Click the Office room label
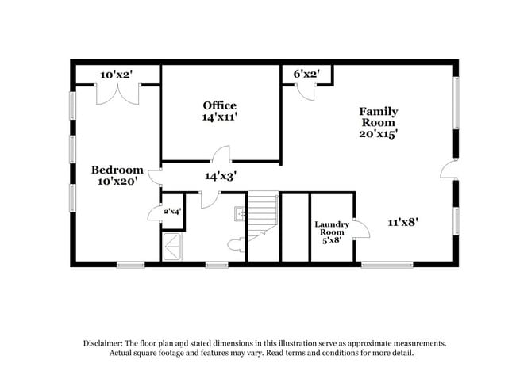pos(219,105)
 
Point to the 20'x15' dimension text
pos(379,134)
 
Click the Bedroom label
pos(117,170)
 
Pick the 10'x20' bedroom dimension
pos(117,181)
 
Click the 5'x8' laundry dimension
pos(332,239)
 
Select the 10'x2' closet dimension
pos(116,75)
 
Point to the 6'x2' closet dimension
pos(306,74)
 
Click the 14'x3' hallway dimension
pos(221,176)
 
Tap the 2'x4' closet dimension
pos(171,212)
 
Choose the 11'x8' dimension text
pos(402,222)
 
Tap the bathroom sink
pos(238,212)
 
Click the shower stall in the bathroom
pos(172,247)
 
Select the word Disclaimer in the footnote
pos(104,344)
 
